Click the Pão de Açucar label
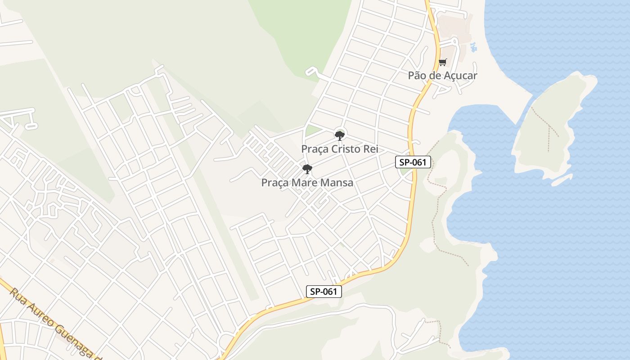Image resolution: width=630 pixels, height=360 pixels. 442,76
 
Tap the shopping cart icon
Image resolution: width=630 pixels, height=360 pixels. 443,62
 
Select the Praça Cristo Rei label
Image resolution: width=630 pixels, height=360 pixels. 340,149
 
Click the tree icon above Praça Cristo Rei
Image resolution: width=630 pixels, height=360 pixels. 340,135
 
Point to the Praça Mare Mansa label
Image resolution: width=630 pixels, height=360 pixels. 307,183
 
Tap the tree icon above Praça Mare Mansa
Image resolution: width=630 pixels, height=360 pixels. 307,169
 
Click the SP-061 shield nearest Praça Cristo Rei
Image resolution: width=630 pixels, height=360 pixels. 413,162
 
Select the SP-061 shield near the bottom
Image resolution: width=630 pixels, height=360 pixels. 324,292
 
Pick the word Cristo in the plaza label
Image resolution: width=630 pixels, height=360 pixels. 346,149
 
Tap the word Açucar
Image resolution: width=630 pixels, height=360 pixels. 460,76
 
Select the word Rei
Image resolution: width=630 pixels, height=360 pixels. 370,149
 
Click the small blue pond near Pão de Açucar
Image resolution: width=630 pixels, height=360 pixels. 473,46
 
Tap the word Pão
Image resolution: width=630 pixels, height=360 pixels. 417,76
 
